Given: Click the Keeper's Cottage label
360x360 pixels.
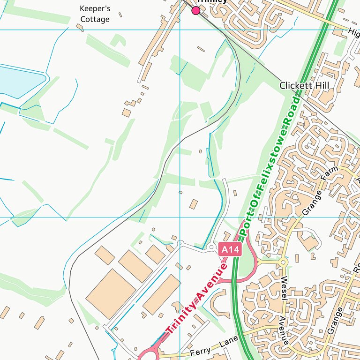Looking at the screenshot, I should pos(95,14).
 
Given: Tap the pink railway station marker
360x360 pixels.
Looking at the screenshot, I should pos(196,10).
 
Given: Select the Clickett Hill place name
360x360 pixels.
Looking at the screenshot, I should pos(304,85).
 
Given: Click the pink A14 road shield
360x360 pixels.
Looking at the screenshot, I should pos(231,250).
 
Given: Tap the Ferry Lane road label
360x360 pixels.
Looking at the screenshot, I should pos(214,345).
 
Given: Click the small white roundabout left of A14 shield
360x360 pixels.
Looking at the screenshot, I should pos(211,247).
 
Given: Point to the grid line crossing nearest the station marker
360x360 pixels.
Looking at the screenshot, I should pos(180,30).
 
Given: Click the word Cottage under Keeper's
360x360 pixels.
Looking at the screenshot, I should pos(95,19).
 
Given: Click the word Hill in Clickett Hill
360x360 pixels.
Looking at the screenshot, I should pos(322,85).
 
